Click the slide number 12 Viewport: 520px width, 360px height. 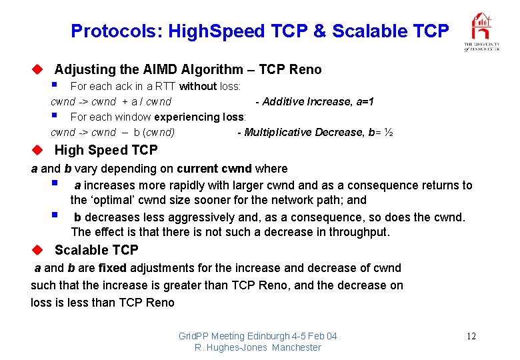(471, 336)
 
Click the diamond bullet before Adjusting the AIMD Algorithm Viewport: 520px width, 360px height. (39, 69)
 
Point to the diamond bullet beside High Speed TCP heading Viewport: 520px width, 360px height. (39, 149)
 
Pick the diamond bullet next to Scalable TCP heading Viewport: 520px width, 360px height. (39, 249)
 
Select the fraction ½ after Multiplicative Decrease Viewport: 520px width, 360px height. (388, 132)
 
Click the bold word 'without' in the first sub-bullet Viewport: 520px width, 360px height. (198, 86)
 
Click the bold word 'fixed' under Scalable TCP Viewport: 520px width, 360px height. (112, 268)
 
